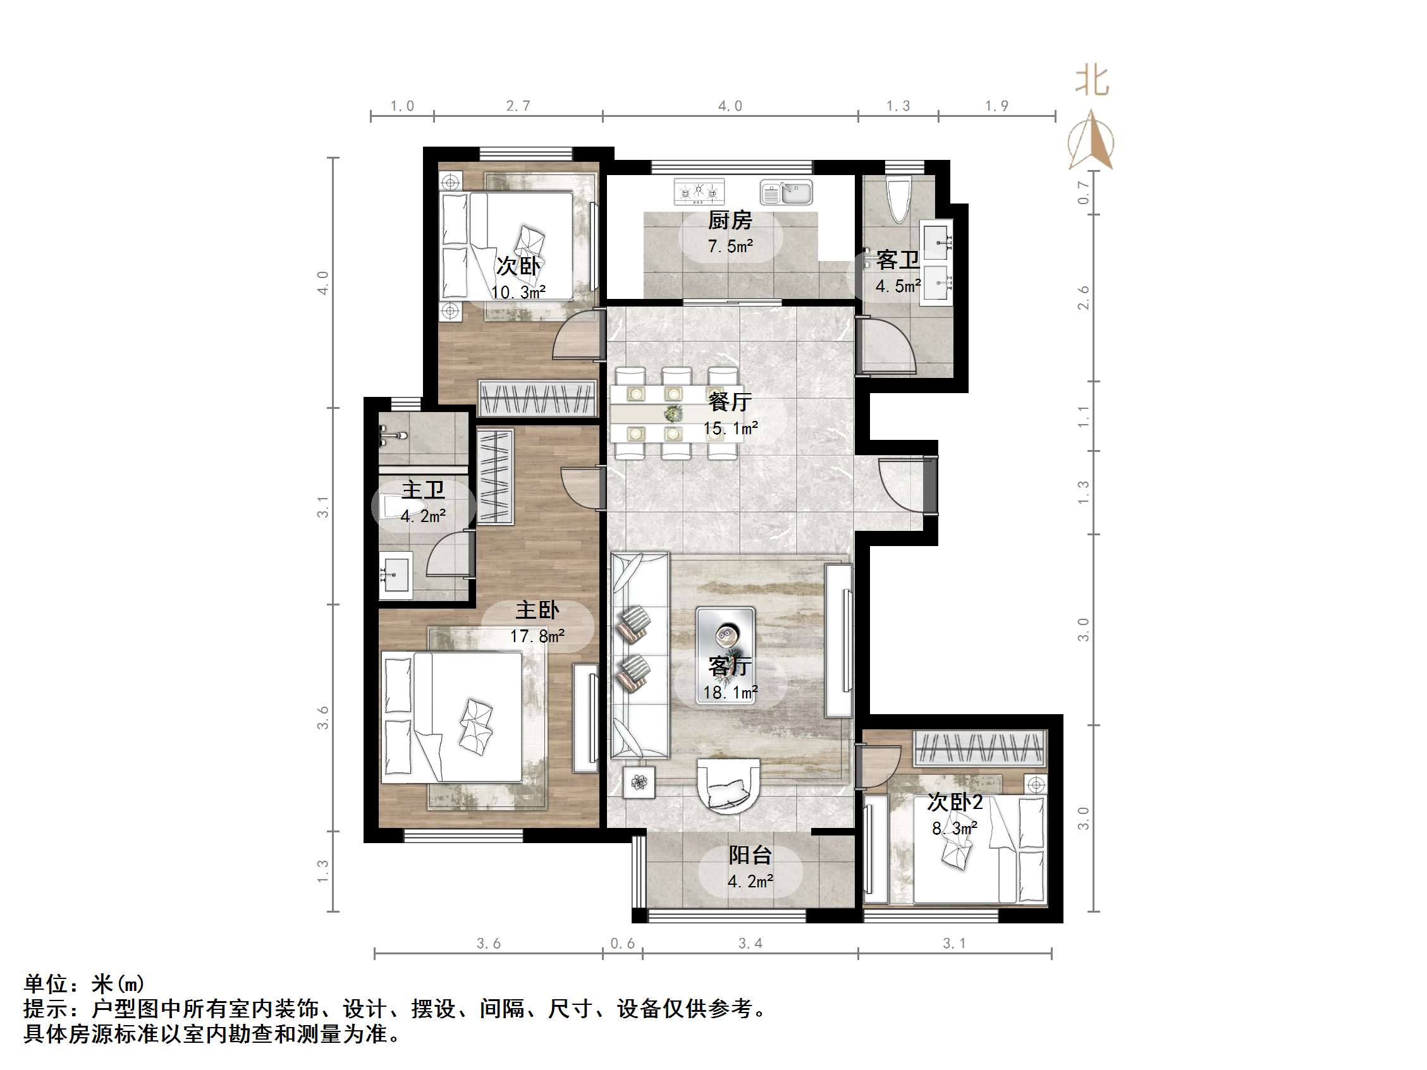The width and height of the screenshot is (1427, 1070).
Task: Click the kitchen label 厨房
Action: (x=730, y=221)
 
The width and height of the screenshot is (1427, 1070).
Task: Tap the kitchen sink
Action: (x=786, y=192)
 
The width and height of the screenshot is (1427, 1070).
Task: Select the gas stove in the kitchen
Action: (x=699, y=192)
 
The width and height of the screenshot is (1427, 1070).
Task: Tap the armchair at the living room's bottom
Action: (x=728, y=786)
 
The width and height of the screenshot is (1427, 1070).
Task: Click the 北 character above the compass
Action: (x=1091, y=82)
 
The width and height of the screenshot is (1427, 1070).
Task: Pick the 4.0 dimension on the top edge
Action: (x=730, y=106)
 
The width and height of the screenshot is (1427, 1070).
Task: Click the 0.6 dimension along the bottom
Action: (x=623, y=944)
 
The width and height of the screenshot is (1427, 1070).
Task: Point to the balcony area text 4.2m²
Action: (x=750, y=882)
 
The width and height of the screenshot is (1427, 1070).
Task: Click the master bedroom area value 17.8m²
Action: (x=537, y=636)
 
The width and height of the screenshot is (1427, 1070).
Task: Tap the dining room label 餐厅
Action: (x=730, y=402)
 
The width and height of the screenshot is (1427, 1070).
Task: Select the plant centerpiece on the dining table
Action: (x=673, y=413)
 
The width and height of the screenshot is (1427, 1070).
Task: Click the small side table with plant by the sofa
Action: (x=639, y=782)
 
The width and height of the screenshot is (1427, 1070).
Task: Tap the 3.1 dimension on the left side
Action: (x=322, y=506)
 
